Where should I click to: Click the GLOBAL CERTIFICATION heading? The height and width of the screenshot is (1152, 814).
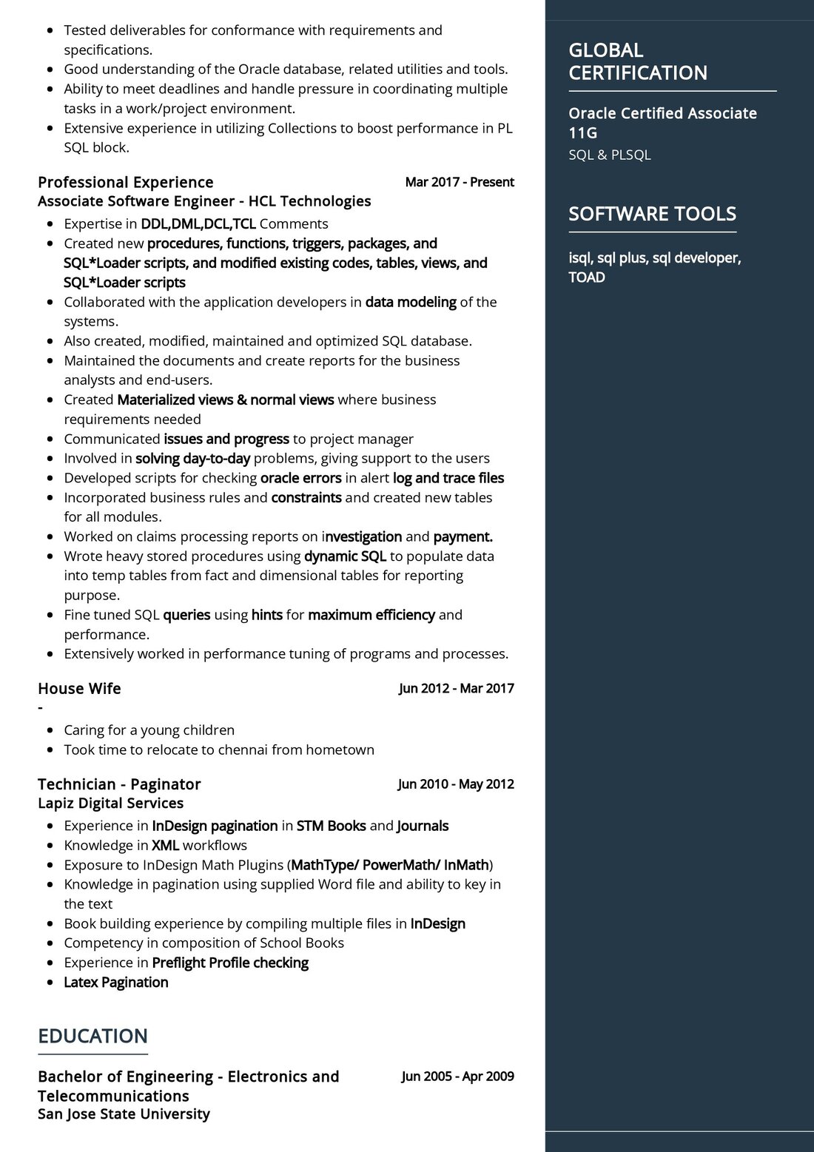637,61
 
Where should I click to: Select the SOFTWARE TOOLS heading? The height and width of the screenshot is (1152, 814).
652,214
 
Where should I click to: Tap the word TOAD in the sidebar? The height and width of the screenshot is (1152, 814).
587,277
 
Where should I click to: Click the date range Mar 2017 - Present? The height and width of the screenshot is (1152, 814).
459,182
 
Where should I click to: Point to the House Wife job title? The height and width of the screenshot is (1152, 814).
79,688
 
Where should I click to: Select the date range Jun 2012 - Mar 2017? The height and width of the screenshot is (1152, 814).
456,688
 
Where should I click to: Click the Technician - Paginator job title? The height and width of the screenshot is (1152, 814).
119,784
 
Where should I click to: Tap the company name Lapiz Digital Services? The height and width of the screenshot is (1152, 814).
110,803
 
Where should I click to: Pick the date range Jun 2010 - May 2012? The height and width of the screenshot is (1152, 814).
455,784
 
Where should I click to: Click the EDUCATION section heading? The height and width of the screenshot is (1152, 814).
92,1036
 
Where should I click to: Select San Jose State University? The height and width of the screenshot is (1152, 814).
124,1114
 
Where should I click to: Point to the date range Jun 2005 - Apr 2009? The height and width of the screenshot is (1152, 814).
457,1077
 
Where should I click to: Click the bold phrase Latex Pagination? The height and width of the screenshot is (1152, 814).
116,982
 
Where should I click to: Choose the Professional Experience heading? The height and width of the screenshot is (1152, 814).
125,182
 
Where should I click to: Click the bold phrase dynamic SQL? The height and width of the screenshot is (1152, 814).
345,556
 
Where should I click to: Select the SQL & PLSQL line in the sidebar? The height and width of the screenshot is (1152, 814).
610,155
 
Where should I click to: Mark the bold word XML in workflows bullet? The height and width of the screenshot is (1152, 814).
165,845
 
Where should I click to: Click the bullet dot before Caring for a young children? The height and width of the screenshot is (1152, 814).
50,730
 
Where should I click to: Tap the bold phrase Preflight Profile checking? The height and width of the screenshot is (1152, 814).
230,963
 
